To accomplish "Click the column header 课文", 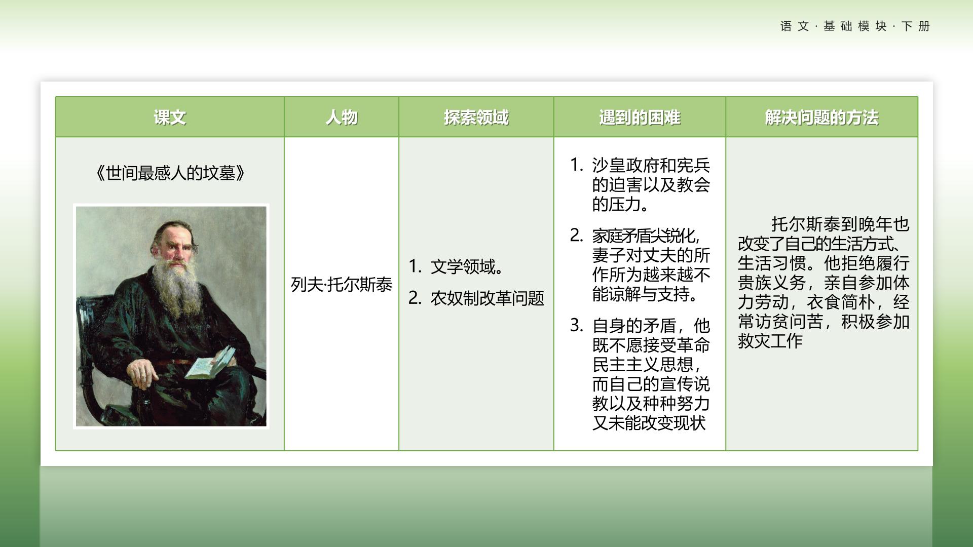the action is tap(170, 118).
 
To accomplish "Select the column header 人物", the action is tap(342, 118).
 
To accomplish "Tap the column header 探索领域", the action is tap(476, 118).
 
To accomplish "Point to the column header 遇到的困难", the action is tap(640, 118).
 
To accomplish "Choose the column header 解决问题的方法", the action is tap(821, 118).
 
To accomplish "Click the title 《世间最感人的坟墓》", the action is tap(170, 173).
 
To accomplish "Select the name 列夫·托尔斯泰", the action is tap(342, 285).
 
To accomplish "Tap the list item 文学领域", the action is tap(466, 267).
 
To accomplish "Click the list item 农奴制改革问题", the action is tap(487, 298).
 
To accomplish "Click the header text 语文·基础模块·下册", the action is tap(855, 26).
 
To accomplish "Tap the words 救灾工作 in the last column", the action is tap(770, 341).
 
